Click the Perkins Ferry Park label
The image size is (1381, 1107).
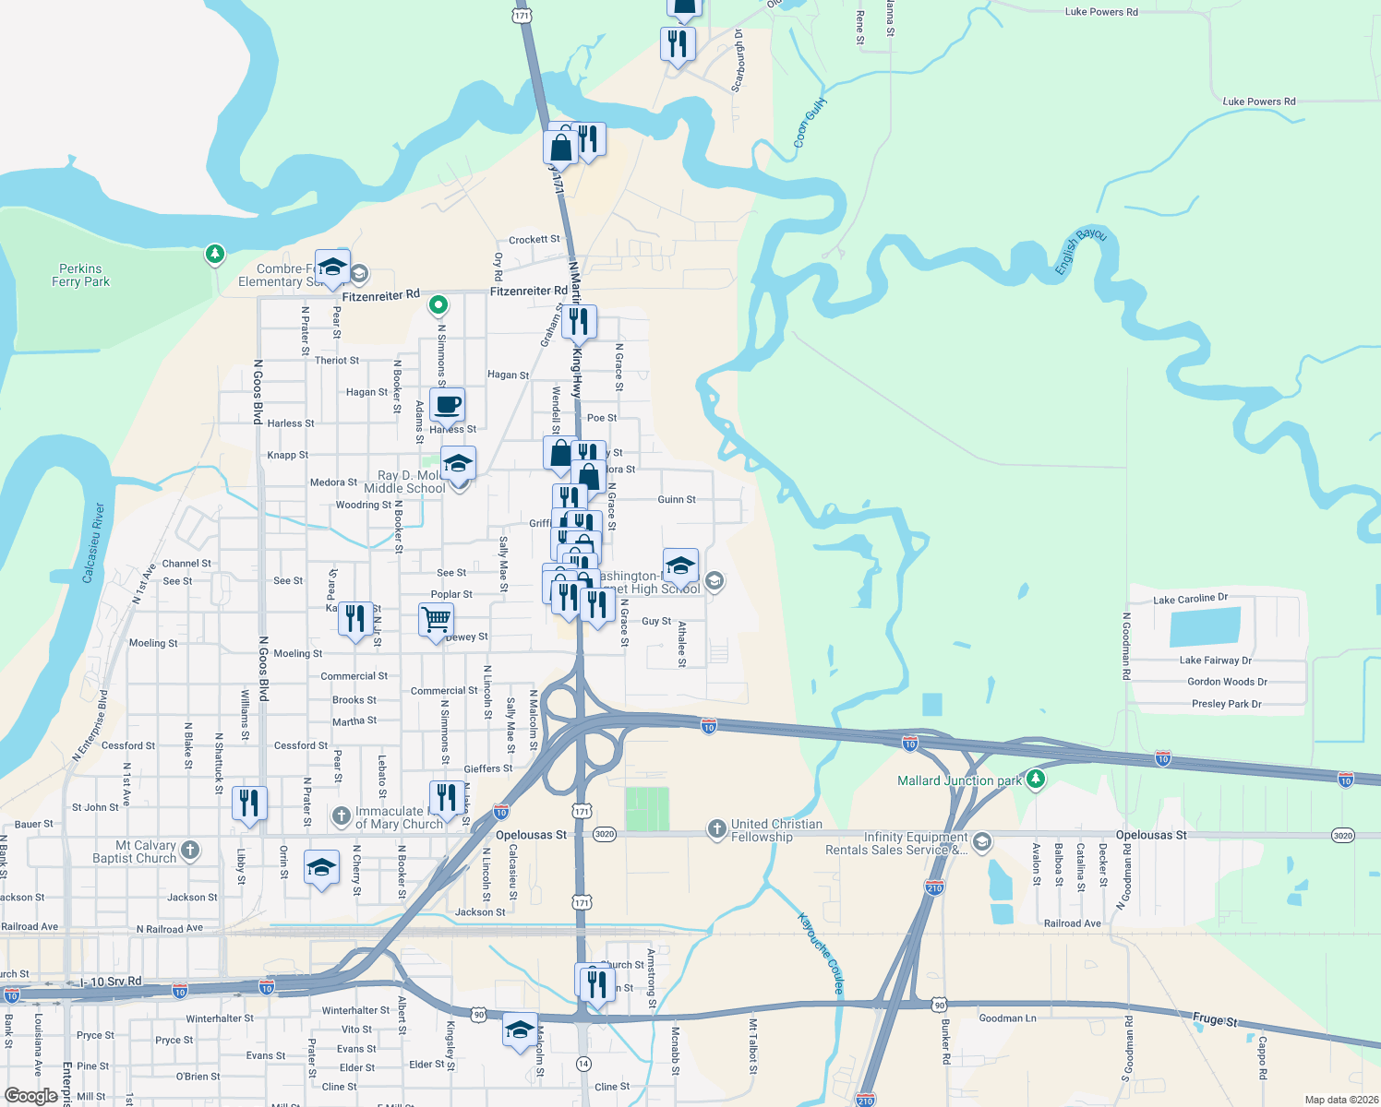[x=80, y=275]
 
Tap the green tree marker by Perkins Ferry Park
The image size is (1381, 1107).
[x=215, y=253]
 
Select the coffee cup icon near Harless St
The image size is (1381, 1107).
[x=447, y=405]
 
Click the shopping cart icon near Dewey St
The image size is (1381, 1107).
[x=436, y=619]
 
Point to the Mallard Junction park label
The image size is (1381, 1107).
[x=959, y=780]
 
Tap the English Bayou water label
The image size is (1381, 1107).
[x=1081, y=250]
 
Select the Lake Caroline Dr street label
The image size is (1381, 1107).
[x=1190, y=599]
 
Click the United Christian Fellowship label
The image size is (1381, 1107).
[x=775, y=830]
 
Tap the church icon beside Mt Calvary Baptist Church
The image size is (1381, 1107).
[x=190, y=850]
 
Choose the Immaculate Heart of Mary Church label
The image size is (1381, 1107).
[x=399, y=817]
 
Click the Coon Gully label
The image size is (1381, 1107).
[x=810, y=123]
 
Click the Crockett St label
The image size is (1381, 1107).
[x=534, y=240]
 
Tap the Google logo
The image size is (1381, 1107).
[x=30, y=1096]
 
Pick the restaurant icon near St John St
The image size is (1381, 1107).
[x=249, y=803]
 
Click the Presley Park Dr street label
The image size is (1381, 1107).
[x=1226, y=704]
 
